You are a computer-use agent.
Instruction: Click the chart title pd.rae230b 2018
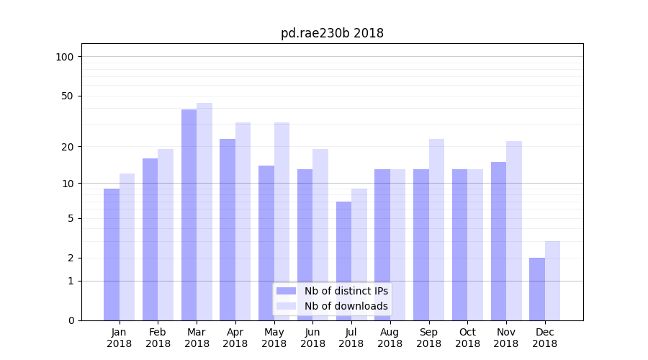332,33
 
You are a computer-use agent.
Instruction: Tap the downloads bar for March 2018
204,212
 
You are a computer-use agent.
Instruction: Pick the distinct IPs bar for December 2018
537,289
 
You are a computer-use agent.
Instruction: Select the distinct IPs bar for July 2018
343,261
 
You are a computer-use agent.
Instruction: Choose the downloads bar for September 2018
436,230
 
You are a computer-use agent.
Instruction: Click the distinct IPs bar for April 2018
228,230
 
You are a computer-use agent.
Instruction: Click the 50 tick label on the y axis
67,96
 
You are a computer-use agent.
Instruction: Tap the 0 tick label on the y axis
70,320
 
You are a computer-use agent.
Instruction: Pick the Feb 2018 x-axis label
158,338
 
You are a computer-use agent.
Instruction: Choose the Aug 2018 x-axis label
390,338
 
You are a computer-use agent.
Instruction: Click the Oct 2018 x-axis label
467,338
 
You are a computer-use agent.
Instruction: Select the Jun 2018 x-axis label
312,338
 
